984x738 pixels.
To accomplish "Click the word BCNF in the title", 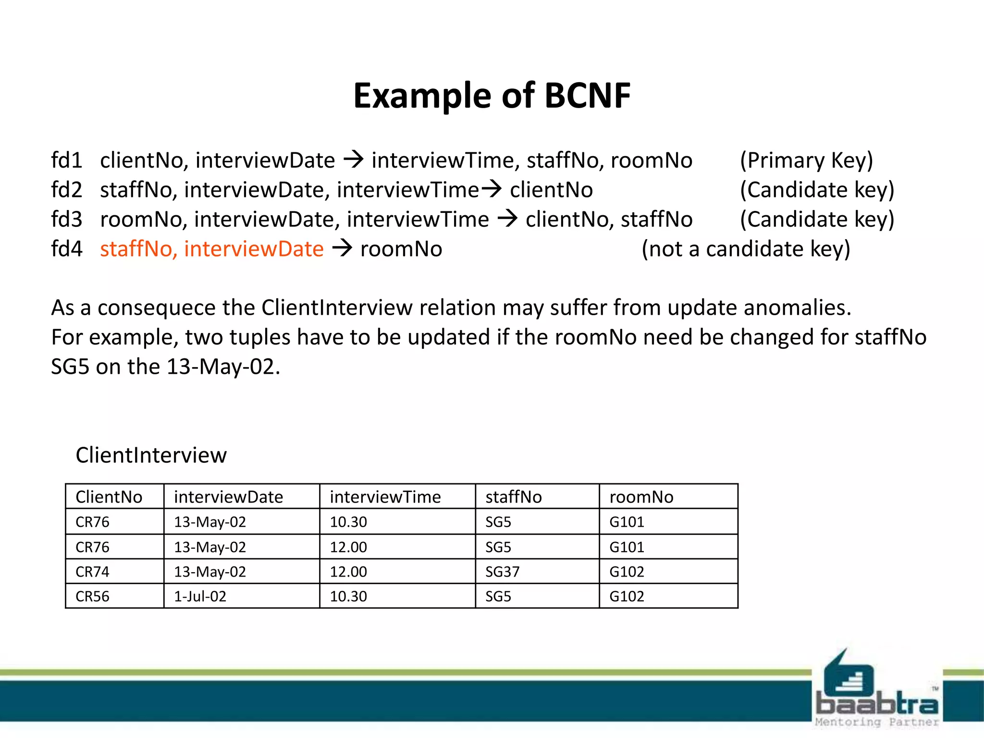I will pos(587,96).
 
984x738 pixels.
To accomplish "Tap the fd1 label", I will pos(67,160).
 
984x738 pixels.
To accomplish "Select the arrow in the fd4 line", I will pos(342,248).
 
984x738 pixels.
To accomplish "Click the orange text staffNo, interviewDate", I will pos(212,249).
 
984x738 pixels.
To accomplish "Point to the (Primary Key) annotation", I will pos(806,160).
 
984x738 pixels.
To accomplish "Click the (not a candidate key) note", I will pos(746,249).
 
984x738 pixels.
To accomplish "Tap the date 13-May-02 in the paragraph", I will pos(222,367).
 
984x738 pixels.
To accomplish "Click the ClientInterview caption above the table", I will pos(151,455).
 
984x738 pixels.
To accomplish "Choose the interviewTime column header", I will pos(385,497).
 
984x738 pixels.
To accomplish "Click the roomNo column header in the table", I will pos(641,497).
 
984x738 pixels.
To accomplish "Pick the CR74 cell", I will pos(92,571).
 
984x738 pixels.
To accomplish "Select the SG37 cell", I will pos(502,571).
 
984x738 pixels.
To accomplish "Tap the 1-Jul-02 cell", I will pos(200,596).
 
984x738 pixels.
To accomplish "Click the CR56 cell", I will pos(92,596).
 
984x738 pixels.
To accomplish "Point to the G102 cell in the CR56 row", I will pos(627,596).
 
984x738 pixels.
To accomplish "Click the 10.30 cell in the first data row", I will pos(348,522).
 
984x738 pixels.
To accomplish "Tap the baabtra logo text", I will pos(876,704).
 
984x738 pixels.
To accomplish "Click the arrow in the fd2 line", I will pos(492,189).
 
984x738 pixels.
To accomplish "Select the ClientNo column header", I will pos(109,497).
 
